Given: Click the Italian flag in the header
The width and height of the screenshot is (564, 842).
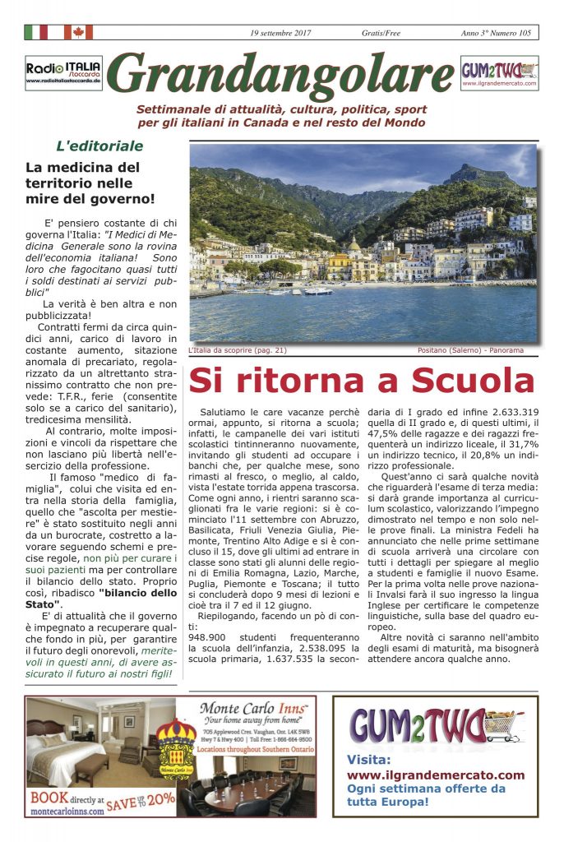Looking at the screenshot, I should pyautogui.click(x=36, y=32).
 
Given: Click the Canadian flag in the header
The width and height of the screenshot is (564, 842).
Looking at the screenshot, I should pyautogui.click(x=78, y=32).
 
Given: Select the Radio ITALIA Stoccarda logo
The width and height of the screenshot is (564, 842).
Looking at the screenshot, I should pyautogui.click(x=63, y=72).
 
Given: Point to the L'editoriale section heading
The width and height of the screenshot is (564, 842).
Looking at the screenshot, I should pyautogui.click(x=99, y=146).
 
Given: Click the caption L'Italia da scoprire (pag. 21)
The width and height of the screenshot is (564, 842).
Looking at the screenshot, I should pyautogui.click(x=237, y=350).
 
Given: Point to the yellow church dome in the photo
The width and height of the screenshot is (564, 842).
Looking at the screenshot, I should pyautogui.click(x=354, y=245).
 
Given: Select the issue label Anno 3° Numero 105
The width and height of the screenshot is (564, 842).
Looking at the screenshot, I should pyautogui.click(x=496, y=33).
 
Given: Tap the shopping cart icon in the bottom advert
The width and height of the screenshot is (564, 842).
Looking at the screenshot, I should pyautogui.click(x=501, y=724).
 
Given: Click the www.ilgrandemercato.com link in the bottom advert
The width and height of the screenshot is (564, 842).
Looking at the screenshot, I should pyautogui.click(x=435, y=775).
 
